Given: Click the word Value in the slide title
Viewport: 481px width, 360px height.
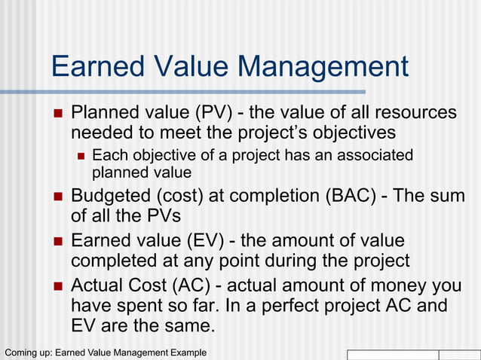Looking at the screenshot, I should coord(191,67).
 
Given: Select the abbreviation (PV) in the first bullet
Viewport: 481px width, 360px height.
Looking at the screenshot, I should coord(209,113).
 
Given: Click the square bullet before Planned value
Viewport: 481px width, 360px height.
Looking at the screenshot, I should coord(59,114).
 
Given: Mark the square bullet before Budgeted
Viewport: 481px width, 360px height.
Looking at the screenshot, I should coord(59,197).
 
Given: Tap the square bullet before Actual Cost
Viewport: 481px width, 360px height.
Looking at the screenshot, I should coord(59,287).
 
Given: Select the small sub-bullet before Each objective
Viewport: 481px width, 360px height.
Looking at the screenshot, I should coord(81,157).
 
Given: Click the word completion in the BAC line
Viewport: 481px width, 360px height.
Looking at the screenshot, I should coord(274,196).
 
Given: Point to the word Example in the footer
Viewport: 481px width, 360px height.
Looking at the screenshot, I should coord(185,352).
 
